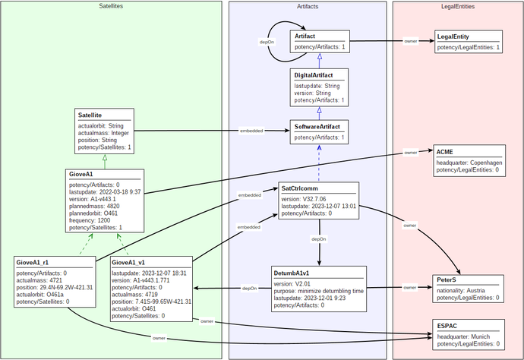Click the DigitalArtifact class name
click(319, 74)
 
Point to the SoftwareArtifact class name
click(321, 126)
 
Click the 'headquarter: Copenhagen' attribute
click(469, 163)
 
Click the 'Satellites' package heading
click(111, 6)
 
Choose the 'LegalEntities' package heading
click(457, 6)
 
